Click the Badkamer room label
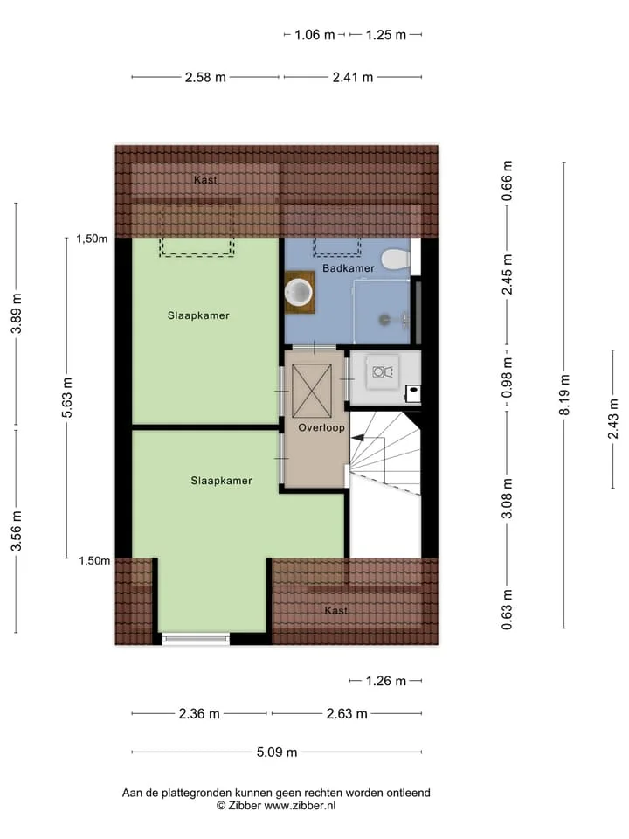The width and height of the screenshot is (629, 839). click(x=349, y=268)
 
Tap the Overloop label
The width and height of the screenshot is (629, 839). click(x=321, y=427)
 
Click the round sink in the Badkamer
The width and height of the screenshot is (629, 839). click(x=299, y=292)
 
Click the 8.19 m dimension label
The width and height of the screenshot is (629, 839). click(x=564, y=395)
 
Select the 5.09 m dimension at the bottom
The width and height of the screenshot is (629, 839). click(x=277, y=752)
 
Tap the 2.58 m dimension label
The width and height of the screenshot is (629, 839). click(x=205, y=77)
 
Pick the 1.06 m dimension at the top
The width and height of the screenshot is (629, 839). click(x=314, y=35)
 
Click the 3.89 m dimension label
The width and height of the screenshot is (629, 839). click(x=16, y=314)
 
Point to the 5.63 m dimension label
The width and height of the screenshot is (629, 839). click(x=67, y=398)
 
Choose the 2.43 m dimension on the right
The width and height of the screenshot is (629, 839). click(x=613, y=419)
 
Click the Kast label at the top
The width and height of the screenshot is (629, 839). click(x=205, y=180)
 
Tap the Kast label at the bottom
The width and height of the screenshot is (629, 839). click(x=335, y=610)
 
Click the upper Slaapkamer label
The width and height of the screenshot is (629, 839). click(x=198, y=315)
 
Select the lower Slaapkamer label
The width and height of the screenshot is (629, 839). click(x=221, y=481)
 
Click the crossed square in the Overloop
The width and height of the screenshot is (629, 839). click(x=312, y=391)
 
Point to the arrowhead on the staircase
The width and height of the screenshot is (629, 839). click(x=356, y=438)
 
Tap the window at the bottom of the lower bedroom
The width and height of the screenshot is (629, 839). click(x=196, y=638)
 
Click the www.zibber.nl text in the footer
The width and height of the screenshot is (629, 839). click(x=300, y=805)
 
